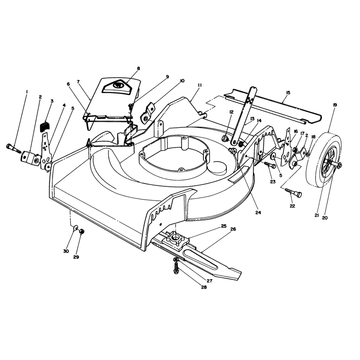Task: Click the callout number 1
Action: pyautogui.click(x=27, y=92)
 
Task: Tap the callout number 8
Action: pyautogui.click(x=139, y=68)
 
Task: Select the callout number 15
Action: pyautogui.click(x=288, y=93)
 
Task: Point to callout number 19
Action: pyautogui.click(x=335, y=105)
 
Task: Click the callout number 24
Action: pyautogui.click(x=258, y=212)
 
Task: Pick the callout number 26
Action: pyautogui.click(x=233, y=229)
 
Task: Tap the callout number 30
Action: pyautogui.click(x=66, y=252)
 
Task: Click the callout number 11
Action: pyautogui.click(x=199, y=85)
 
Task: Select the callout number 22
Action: pyautogui.click(x=292, y=206)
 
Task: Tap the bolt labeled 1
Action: pyautogui.click(x=14, y=148)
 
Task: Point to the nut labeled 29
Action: pyautogui.click(x=81, y=231)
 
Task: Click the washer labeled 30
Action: pyautogui.click(x=75, y=229)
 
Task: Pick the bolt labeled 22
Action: pyautogui.click(x=293, y=193)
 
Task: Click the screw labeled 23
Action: pyautogui.click(x=270, y=165)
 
